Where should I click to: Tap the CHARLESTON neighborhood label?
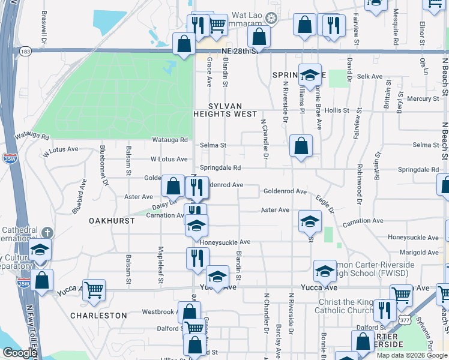(x=99, y=315)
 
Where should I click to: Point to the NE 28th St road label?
(x=239, y=51)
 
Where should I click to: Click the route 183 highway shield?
(x=25, y=52)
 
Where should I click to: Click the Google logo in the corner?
(x=20, y=353)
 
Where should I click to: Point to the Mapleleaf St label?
(x=161, y=257)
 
